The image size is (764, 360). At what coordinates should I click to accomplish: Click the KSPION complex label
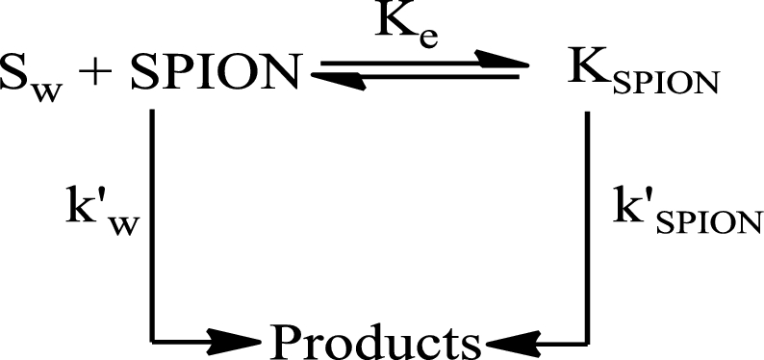(x=643, y=78)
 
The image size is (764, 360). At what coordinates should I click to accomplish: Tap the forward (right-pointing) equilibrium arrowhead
(x=502, y=59)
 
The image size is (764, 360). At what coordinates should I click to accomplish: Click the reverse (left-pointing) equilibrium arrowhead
(x=338, y=81)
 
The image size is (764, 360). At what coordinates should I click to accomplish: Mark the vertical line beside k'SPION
(x=587, y=227)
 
